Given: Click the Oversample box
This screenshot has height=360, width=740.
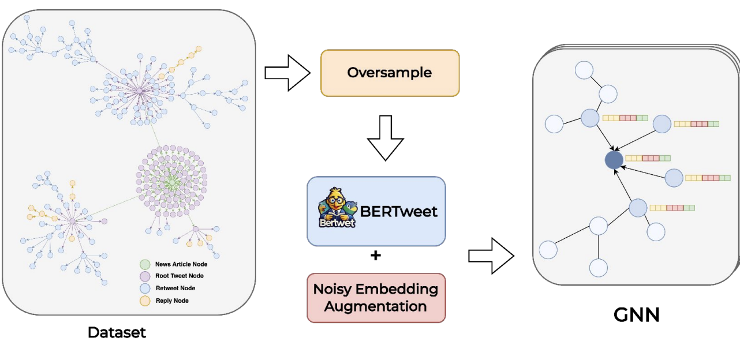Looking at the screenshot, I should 390,73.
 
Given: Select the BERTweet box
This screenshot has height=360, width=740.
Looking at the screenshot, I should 376,211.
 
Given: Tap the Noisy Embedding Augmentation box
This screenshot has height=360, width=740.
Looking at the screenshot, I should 376,298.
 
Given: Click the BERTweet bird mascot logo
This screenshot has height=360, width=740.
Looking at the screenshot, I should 337,208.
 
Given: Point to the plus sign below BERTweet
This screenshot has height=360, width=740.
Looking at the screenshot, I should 376,255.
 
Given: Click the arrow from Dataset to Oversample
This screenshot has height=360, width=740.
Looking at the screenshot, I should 287,73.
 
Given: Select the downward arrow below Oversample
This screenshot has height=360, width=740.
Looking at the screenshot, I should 385,138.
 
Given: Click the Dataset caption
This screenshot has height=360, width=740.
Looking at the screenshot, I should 117,332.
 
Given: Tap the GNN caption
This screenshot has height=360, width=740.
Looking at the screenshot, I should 636,314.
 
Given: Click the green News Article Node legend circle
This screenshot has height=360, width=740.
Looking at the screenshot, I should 145,264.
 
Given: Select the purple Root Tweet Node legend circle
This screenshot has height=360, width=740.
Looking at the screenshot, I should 145,276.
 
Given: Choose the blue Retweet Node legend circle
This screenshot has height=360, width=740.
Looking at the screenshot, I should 145,288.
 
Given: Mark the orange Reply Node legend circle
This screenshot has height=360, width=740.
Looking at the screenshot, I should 145,301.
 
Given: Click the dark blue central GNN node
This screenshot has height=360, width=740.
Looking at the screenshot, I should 614,160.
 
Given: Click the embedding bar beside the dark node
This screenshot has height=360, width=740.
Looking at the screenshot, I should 648,157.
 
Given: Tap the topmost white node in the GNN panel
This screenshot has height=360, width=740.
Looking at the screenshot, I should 584,70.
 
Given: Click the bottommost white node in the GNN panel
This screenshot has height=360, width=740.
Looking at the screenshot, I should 599,268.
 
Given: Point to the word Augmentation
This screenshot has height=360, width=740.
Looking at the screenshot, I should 375,306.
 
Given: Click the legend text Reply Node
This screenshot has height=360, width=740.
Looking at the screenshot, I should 172,301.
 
